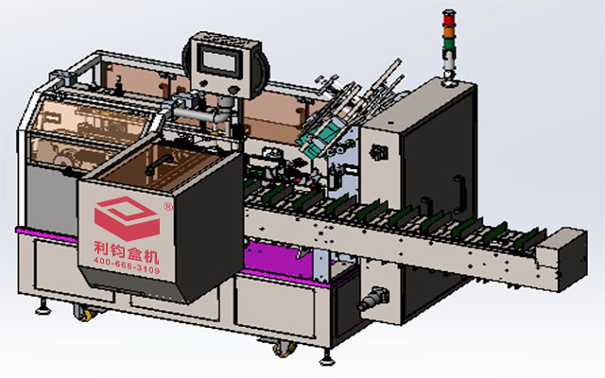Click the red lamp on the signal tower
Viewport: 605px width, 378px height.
point(450,16)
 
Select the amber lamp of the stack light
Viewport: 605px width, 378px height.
point(450,27)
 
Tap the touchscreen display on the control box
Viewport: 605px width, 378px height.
point(222,64)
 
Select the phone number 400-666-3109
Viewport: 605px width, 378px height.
point(128,268)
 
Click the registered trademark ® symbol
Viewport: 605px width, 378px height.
point(168,205)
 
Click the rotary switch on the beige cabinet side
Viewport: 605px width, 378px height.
point(381,152)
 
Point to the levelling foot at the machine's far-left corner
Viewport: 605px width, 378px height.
point(43,307)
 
